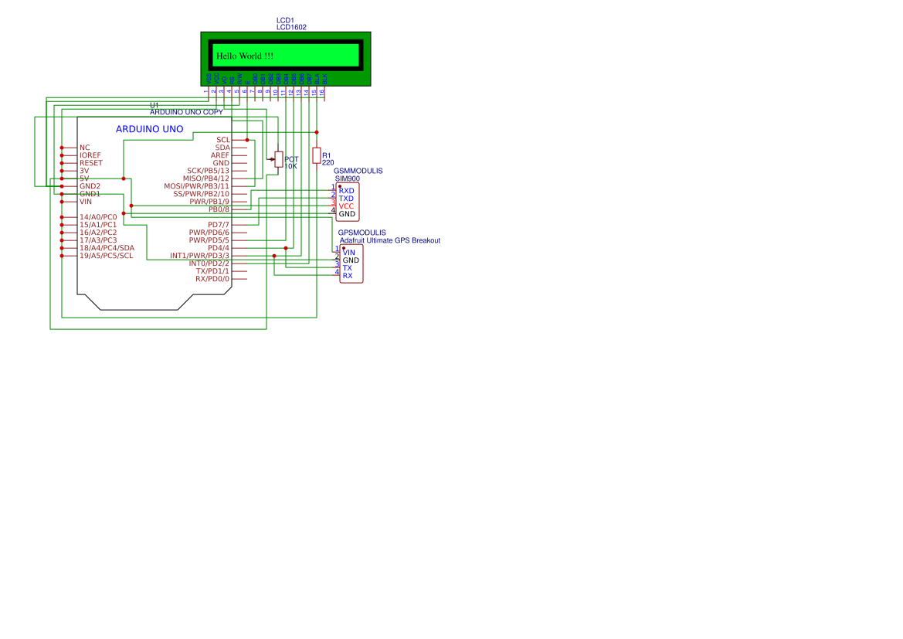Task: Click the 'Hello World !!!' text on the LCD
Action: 244,56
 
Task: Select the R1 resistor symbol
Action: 316,155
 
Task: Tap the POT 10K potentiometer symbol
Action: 279,160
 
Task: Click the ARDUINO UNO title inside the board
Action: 149,129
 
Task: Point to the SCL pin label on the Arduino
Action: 223,140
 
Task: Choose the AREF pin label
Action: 219,155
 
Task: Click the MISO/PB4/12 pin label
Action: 205,178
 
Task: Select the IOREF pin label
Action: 90,155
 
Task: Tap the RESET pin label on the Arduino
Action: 90,163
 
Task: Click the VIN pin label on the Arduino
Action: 85,202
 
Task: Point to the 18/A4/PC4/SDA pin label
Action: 107,248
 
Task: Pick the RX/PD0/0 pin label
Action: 212,279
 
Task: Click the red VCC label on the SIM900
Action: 346,206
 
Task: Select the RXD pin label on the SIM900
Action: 347,191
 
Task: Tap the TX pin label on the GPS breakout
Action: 348,268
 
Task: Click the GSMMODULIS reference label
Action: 358,171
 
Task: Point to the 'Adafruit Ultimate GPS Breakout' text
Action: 389,240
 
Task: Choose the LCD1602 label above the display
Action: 291,27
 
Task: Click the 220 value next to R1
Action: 328,163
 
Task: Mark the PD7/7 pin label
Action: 219,225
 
